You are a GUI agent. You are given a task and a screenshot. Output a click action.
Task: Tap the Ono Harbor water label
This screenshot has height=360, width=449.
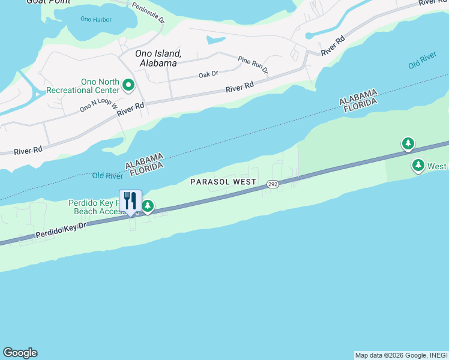tap(96, 19)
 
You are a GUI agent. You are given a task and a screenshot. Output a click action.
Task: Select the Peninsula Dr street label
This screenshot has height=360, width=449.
tap(148, 11)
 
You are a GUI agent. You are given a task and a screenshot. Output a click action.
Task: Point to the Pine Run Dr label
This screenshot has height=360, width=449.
tap(253, 64)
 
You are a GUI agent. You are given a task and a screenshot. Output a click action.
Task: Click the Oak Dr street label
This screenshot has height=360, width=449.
tap(208, 75)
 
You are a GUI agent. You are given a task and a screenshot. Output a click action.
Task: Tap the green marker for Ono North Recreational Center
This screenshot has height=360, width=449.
tap(128, 86)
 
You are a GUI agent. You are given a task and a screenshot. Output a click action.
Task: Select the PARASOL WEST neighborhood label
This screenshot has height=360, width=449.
tap(223, 181)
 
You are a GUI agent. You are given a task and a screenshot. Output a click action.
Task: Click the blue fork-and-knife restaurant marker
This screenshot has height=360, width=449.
tap(130, 202)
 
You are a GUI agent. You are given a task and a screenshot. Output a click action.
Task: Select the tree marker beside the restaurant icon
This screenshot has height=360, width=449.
tap(147, 207)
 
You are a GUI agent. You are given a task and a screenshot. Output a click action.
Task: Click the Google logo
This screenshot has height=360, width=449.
tap(20, 353)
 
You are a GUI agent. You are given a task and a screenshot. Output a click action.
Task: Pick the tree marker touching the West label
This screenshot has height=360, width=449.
tap(418, 166)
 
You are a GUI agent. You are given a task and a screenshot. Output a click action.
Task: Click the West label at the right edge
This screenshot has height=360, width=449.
tap(438, 166)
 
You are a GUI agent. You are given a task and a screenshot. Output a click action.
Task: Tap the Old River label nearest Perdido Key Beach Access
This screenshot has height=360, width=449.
tap(107, 175)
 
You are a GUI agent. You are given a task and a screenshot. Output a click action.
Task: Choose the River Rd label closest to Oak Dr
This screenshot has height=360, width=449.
tap(240, 88)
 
